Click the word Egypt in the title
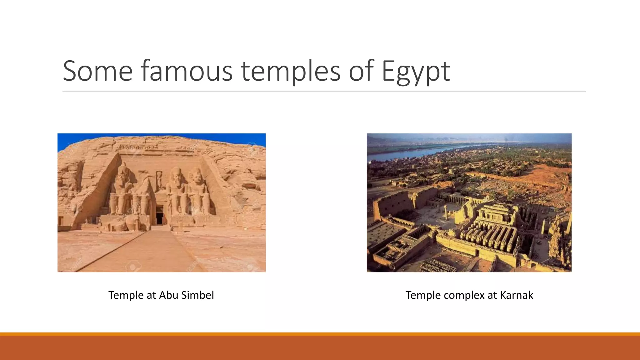tap(416, 71)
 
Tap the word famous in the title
tap(187, 71)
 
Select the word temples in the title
tap(291, 71)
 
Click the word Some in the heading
tap(97, 71)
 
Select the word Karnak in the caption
tap(516, 295)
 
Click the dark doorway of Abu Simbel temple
tap(159, 215)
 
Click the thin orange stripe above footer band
tap(320, 334)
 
